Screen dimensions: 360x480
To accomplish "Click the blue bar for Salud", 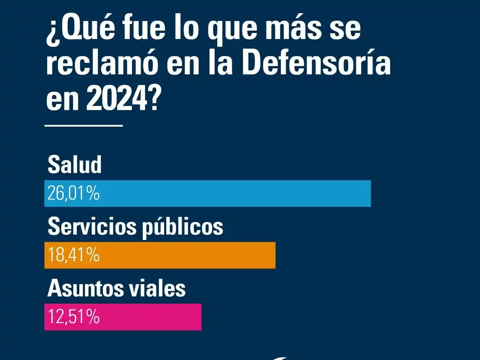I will pyautogui.click(x=232, y=193).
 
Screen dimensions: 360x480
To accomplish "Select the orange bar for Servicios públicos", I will pyautogui.click(x=187, y=255).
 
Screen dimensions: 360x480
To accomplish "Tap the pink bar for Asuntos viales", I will pyautogui.click(x=150, y=317).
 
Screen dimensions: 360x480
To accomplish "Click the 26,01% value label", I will pyautogui.click(x=73, y=193).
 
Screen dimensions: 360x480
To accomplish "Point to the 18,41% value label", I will pyautogui.click(x=73, y=255).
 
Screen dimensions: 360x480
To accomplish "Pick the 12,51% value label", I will pyautogui.click(x=73, y=317).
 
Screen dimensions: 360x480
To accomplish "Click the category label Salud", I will pyautogui.click(x=75, y=165).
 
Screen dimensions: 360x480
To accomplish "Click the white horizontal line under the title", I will pyautogui.click(x=84, y=126).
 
